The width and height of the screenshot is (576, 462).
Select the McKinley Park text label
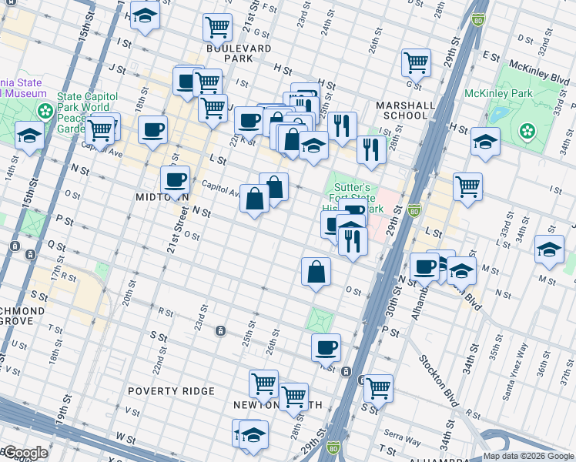(x=498, y=93)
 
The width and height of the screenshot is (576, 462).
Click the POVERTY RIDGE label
(x=171, y=391)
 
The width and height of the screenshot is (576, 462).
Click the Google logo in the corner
(x=25, y=454)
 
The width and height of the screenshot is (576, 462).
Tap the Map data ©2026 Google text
(x=528, y=457)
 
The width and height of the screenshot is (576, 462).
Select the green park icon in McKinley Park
(x=527, y=132)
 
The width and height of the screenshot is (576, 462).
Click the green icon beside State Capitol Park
(x=46, y=111)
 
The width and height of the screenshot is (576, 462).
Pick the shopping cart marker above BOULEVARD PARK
(x=218, y=28)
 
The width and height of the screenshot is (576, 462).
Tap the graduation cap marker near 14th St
(x=29, y=136)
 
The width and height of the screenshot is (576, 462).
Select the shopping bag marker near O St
(x=316, y=271)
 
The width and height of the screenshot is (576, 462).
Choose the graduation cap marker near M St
(x=548, y=249)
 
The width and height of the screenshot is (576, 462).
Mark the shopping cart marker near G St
(x=416, y=62)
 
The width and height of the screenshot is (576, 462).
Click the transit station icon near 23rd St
(x=221, y=331)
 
